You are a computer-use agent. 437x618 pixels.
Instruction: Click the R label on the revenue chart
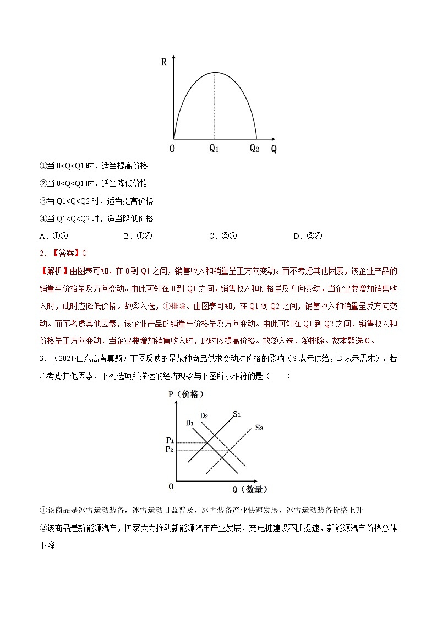164,62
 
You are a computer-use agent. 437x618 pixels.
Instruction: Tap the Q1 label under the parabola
214,149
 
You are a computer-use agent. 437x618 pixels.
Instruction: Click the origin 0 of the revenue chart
172,149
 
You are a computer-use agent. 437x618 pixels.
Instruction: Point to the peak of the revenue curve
215,72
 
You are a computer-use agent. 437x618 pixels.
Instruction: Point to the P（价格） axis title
186,394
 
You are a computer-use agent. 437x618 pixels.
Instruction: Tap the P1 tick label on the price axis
170,441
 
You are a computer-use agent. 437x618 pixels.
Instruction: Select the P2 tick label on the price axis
170,450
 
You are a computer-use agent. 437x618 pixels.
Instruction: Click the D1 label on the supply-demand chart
189,423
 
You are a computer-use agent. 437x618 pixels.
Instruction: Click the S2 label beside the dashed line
259,428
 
